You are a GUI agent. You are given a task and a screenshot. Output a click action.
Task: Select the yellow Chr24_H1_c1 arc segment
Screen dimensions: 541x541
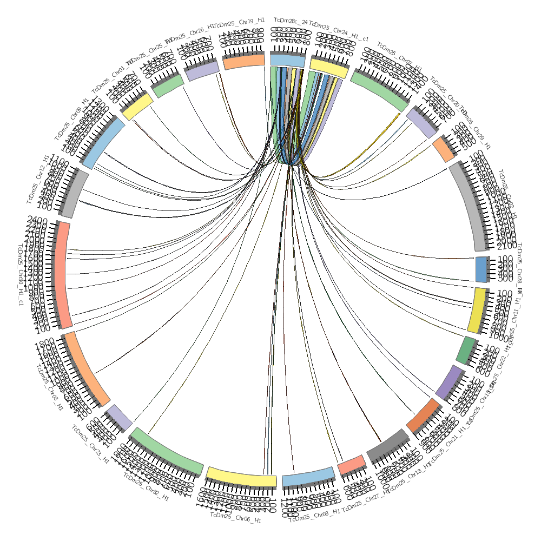tap(328, 68)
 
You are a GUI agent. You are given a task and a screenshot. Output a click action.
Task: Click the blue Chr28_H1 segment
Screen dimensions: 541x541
tap(481, 269)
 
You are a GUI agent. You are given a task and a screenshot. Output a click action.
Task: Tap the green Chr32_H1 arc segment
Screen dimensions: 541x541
tap(167, 450)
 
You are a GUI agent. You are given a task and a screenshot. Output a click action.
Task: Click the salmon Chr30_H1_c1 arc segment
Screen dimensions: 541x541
tap(63, 275)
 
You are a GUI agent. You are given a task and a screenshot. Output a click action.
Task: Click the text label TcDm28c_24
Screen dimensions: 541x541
tap(291, 21)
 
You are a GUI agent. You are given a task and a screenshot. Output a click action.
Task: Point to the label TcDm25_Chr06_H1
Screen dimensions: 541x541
tap(235, 518)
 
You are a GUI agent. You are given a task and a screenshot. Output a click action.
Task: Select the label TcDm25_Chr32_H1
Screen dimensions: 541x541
tap(146, 487)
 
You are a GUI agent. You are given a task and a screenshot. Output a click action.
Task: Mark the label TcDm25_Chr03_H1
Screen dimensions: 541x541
tap(49, 387)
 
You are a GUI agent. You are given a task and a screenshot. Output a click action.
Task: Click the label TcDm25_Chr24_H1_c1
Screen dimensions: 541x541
tap(339, 32)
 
